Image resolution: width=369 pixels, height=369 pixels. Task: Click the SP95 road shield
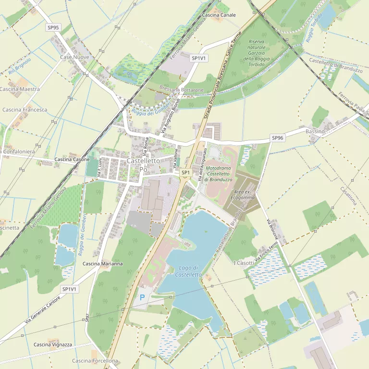53,27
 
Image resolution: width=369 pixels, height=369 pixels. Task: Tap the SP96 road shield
278,137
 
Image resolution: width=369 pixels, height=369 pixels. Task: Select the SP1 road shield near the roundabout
185,172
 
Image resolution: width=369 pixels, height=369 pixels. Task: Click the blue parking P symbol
142,297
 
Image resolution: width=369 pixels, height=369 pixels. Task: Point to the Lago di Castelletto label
188,271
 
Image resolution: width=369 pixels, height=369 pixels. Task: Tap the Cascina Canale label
219,15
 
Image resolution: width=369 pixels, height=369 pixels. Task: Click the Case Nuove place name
74,57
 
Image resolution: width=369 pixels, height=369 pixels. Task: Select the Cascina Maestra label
20,89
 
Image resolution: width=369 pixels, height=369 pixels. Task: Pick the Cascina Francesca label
25,110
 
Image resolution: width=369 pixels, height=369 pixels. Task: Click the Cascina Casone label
72,159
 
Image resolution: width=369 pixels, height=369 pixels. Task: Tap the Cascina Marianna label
102,264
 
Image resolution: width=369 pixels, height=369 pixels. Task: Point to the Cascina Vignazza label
53,344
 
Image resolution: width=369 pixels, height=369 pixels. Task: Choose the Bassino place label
315,131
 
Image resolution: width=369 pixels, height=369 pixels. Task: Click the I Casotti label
244,263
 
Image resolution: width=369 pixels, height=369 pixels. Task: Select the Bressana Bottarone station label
182,90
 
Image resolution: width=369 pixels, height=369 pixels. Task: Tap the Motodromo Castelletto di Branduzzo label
219,173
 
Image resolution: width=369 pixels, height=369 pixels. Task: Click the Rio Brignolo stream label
20,66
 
